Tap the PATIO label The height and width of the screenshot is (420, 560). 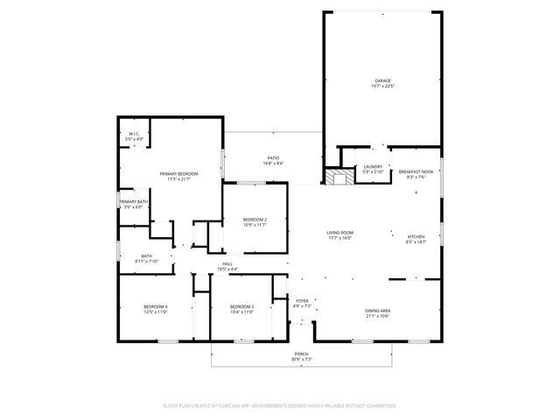[x=274, y=157]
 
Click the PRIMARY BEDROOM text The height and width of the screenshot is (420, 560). [x=178, y=174]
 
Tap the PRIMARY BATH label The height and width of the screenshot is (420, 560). [x=133, y=202]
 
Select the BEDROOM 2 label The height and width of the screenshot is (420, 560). [x=255, y=219]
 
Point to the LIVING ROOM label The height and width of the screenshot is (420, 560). [x=339, y=232]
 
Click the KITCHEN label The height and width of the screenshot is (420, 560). [x=416, y=235]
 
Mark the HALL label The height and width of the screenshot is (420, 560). [x=227, y=263]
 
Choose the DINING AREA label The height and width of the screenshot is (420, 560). [x=378, y=311]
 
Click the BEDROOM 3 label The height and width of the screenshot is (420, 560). [x=241, y=306]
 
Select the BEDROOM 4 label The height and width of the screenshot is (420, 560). [x=156, y=306]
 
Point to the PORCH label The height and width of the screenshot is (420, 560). [x=300, y=354]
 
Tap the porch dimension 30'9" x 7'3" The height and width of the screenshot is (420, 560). [x=300, y=360]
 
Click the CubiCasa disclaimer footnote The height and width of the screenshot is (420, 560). [x=280, y=405]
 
